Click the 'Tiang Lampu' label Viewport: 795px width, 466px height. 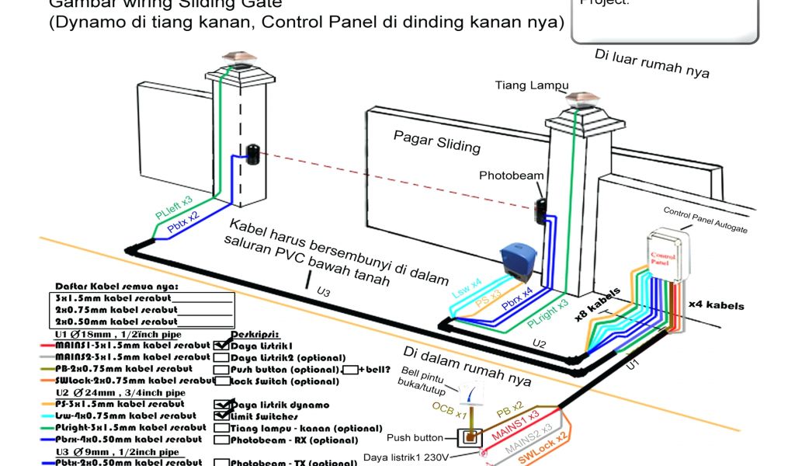point(531,85)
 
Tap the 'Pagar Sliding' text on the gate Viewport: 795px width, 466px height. point(436,141)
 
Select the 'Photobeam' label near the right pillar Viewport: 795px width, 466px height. point(511,176)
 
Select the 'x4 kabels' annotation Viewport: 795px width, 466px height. point(716,305)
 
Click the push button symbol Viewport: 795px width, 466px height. point(468,438)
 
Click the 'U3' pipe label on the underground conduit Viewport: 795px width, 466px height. point(322,293)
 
